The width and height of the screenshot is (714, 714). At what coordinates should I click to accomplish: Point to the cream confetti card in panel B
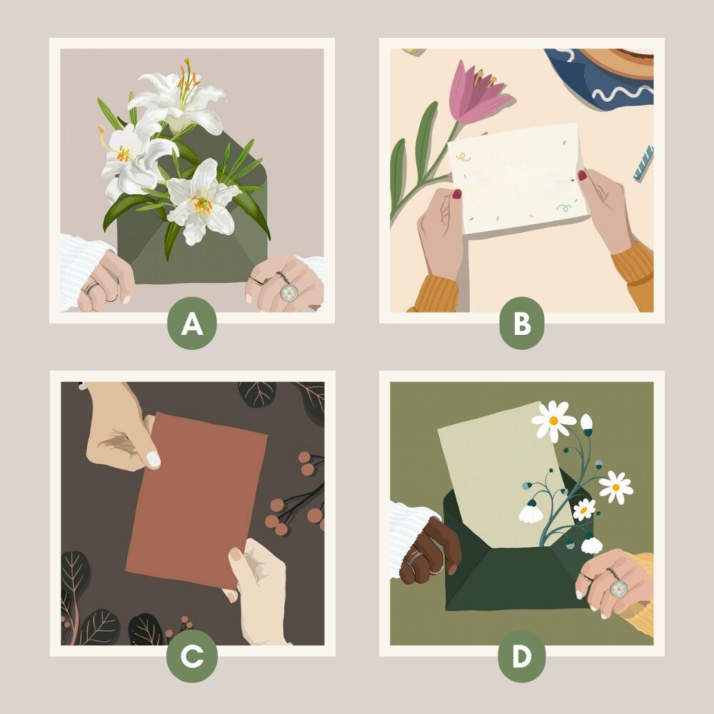point(518,178)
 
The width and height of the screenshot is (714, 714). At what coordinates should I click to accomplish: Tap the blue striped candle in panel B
point(643,163)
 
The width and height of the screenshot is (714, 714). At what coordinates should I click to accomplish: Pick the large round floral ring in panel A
point(288,292)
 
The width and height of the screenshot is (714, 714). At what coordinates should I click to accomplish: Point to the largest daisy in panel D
point(553,420)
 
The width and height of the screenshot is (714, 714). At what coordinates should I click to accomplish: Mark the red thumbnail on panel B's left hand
point(457,194)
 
